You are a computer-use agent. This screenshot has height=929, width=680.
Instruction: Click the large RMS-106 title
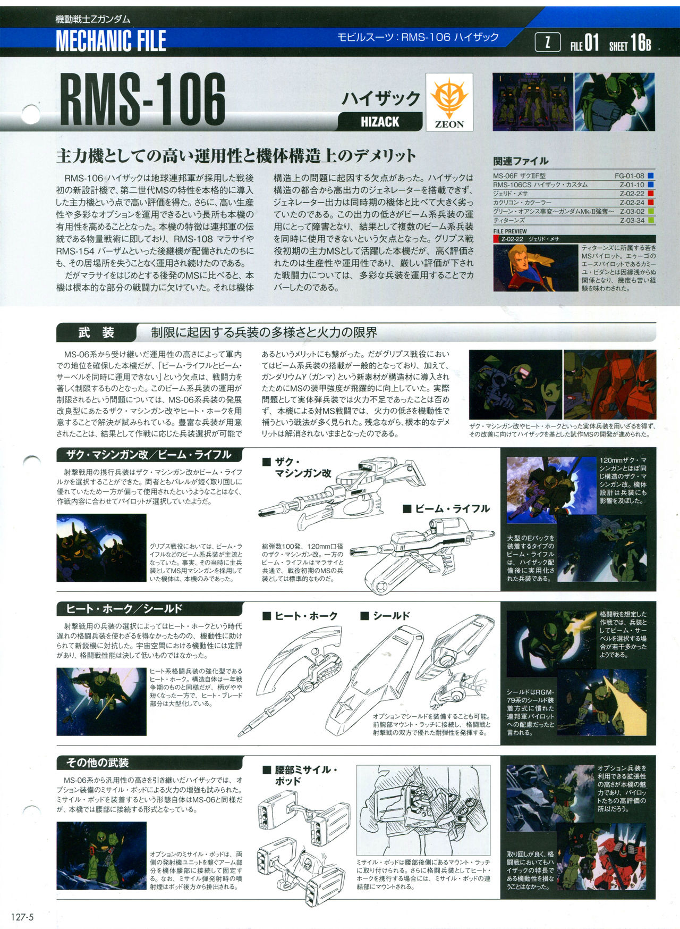click(x=142, y=100)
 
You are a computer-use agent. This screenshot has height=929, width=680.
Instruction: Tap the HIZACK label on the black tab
click(x=380, y=122)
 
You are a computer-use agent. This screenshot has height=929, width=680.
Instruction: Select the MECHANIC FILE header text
click(x=110, y=41)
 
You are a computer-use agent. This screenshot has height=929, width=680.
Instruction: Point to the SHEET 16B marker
click(x=630, y=44)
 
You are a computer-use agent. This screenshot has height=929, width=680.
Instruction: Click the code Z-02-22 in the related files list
click(x=632, y=194)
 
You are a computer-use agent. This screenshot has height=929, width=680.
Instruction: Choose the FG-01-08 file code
click(x=630, y=176)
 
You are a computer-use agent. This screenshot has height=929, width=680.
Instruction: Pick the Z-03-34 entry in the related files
click(x=632, y=220)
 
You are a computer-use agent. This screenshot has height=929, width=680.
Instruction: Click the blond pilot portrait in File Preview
click(x=535, y=267)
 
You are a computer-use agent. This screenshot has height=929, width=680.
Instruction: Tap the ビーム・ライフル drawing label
click(x=446, y=509)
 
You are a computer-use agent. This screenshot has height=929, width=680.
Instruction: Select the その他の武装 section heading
click(x=97, y=763)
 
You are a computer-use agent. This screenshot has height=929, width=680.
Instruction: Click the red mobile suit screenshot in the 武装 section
click(x=609, y=384)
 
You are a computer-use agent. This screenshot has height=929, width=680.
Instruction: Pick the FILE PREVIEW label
click(x=510, y=231)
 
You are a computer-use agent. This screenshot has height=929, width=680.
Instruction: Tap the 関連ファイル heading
click(x=521, y=161)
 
